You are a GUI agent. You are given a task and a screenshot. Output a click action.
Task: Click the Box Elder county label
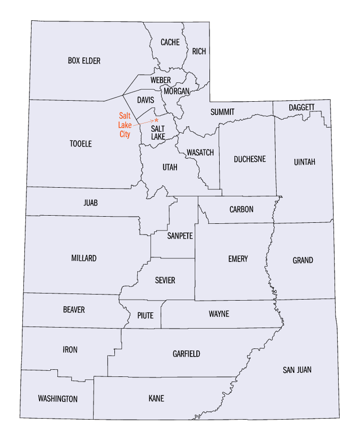84,61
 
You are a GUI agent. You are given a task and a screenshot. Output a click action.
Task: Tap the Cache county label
170,42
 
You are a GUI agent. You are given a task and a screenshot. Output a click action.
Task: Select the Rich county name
198,51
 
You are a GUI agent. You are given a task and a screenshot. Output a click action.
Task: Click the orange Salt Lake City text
125,125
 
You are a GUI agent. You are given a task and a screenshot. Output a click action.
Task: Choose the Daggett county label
302,107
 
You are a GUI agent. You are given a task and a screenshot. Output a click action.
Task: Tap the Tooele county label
80,144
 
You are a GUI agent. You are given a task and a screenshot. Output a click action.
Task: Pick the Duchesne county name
250,159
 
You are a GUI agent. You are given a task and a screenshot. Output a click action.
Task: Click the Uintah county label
305,162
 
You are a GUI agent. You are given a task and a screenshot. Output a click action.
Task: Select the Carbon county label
241,210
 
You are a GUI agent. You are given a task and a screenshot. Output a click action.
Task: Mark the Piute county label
145,315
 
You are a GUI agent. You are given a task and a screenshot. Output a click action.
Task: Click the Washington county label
58,399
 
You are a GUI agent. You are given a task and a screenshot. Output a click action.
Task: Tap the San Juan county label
297,370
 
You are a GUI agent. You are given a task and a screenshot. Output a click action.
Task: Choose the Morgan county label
176,91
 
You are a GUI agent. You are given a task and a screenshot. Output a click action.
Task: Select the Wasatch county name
200,153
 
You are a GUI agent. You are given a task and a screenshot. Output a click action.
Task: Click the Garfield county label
186,354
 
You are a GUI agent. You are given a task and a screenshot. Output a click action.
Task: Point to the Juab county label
91,203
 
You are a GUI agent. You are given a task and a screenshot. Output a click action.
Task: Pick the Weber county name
161,80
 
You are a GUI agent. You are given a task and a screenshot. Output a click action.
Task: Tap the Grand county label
303,260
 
